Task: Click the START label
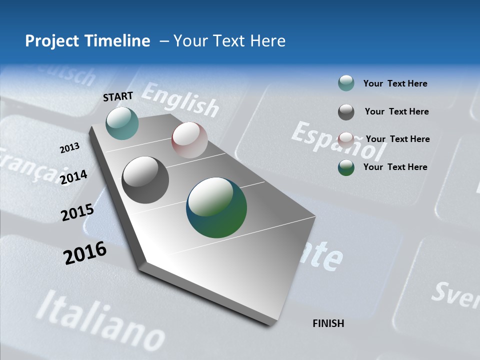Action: [x=118, y=96]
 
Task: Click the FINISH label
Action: [x=328, y=323]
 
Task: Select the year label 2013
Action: [x=70, y=147]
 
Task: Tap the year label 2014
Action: [x=74, y=177]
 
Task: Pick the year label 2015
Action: [x=77, y=212]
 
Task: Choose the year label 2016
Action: [x=85, y=252]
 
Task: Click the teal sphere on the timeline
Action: [x=122, y=123]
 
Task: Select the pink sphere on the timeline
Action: [x=189, y=140]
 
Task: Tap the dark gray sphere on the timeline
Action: [x=145, y=180]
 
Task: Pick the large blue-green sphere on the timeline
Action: [x=216, y=207]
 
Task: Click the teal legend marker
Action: [x=346, y=83]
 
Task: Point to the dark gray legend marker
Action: [x=346, y=112]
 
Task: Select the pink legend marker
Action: [x=346, y=139]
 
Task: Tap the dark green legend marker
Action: [x=346, y=167]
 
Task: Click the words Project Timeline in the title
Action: [x=87, y=41]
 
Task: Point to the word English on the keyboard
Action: [x=180, y=99]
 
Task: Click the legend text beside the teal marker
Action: [x=395, y=83]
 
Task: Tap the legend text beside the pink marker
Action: [x=397, y=139]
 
